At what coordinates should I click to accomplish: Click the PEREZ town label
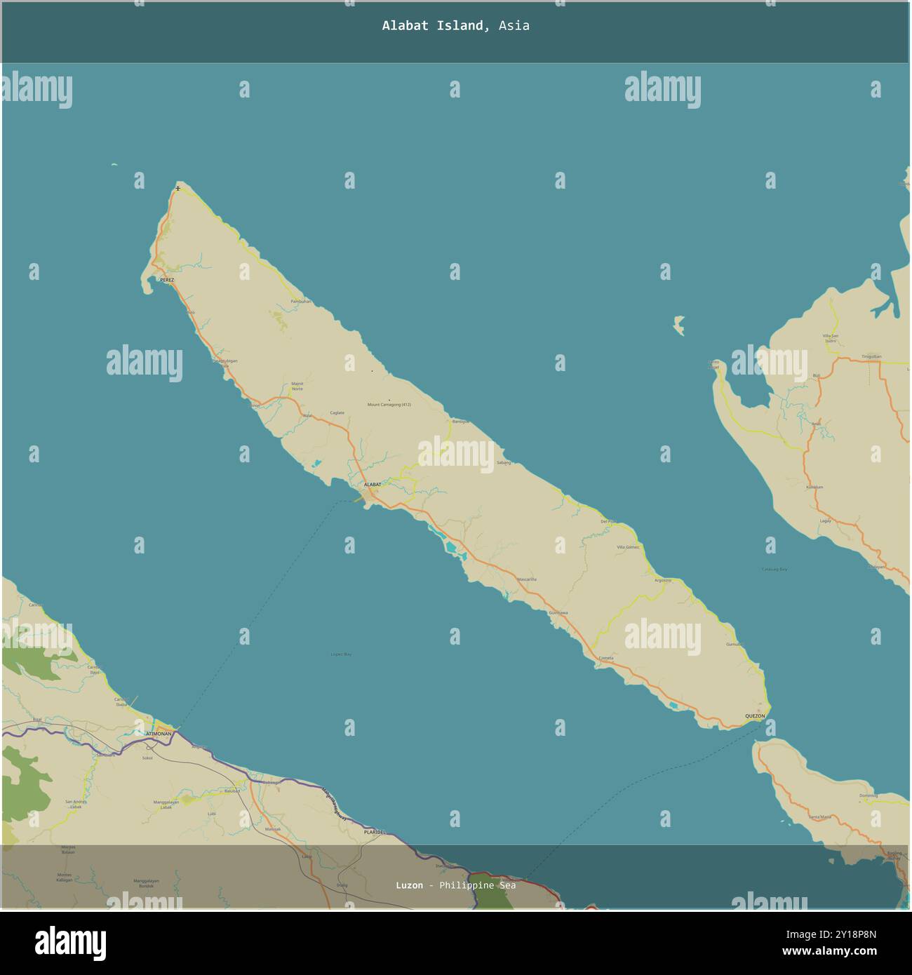[166, 280]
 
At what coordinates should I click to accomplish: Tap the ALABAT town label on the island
[373, 485]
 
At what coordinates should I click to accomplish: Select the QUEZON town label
[755, 715]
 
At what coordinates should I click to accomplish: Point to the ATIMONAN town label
[159, 733]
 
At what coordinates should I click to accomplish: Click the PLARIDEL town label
[375, 832]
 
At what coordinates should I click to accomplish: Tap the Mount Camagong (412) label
[389, 405]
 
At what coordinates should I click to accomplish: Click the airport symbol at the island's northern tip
[178, 188]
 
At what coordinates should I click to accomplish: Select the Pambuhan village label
[300, 302]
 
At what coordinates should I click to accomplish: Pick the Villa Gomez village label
[628, 547]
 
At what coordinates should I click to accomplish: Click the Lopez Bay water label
[341, 654]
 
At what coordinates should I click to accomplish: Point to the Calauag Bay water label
[774, 569]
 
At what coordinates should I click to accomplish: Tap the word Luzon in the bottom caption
[409, 885]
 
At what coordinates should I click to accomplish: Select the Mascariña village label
[526, 579]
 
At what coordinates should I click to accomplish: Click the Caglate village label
[337, 412]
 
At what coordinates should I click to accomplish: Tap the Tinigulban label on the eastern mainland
[871, 356]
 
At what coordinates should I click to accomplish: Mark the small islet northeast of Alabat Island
[678, 325]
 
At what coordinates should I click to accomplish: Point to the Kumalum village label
[814, 486]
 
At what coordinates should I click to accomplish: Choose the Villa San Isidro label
[831, 339]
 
